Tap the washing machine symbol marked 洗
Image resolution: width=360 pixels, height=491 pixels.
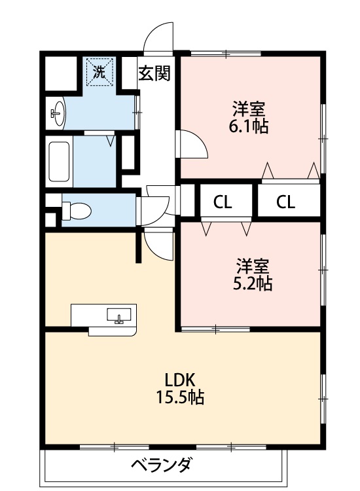(99, 72)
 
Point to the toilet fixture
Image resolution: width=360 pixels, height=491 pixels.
(76, 210)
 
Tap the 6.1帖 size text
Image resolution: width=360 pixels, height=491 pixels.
(248, 126)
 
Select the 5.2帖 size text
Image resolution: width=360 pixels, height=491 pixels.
(253, 283)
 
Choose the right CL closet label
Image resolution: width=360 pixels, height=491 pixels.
(285, 202)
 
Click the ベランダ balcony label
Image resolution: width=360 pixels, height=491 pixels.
(162, 466)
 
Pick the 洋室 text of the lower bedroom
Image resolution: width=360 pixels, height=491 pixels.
(253, 266)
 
